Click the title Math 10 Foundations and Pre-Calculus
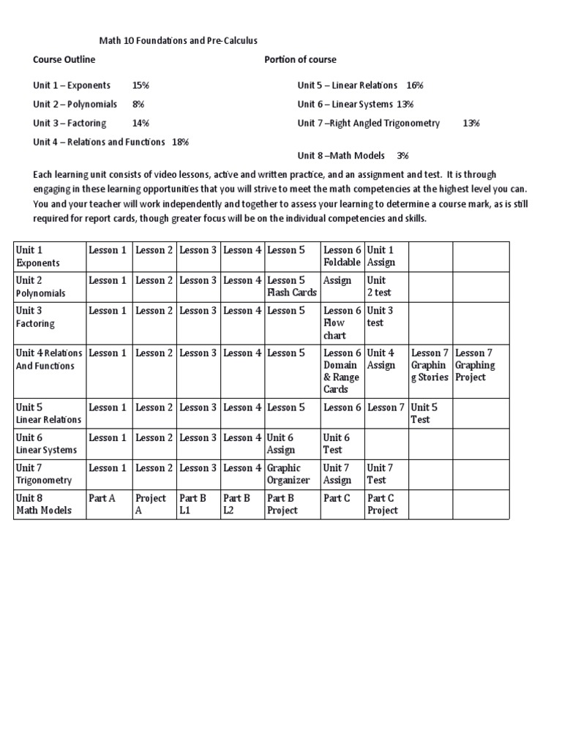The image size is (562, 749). [179, 41]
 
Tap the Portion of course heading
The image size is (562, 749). [300, 59]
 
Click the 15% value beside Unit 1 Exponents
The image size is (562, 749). [140, 85]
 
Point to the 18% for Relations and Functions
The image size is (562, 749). [180, 142]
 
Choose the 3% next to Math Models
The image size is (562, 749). [402, 155]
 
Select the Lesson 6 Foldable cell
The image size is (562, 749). [342, 256]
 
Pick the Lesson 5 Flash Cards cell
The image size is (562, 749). [292, 286]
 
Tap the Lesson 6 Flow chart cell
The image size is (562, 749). [342, 323]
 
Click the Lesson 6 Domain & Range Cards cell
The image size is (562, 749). [342, 371]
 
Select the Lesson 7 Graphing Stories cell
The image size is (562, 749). [430, 365]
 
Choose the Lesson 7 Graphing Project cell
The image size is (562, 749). [476, 365]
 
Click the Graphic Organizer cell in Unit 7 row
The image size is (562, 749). [289, 474]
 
